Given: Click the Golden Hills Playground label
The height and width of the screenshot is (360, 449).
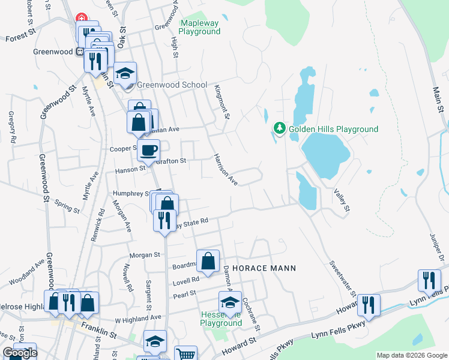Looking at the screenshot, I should pos(333,129).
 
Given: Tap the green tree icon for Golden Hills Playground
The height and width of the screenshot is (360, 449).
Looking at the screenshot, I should pos(279,128).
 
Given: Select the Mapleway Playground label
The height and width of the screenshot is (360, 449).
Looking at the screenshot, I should pos(200,27).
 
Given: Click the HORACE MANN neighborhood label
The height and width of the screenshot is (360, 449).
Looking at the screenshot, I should pos(264,268).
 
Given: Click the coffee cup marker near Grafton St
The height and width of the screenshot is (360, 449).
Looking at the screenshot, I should pos(149,151).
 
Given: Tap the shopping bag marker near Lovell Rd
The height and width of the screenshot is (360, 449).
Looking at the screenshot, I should pos(208,262).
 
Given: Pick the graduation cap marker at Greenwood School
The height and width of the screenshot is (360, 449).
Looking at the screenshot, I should pos(125,74).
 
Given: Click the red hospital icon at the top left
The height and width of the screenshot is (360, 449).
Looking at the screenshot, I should pos(80,19).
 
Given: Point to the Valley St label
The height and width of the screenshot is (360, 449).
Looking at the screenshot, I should pos(341,199).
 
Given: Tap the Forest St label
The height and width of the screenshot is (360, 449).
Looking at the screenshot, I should pos(22,37).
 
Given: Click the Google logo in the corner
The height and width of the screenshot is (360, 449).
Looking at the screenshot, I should pos(20,353).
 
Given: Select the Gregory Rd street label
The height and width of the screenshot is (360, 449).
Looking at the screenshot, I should pos(13,127).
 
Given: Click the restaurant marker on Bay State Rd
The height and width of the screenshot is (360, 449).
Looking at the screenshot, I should pos(163,220).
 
